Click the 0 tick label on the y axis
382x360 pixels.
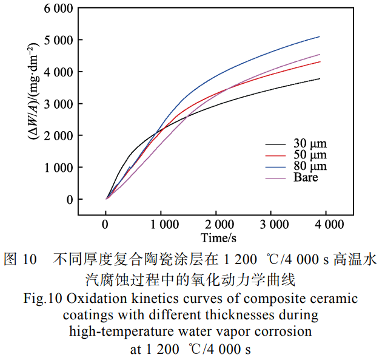[69, 200]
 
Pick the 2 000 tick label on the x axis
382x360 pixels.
[216, 225]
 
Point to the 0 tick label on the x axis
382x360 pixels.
[106, 225]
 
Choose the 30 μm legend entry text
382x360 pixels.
[310, 144]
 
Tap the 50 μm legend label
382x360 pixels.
[310, 155]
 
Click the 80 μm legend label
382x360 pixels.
[310, 166]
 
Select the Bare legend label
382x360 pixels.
[306, 177]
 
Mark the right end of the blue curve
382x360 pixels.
[320, 36]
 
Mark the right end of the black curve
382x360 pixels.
[320, 78]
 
